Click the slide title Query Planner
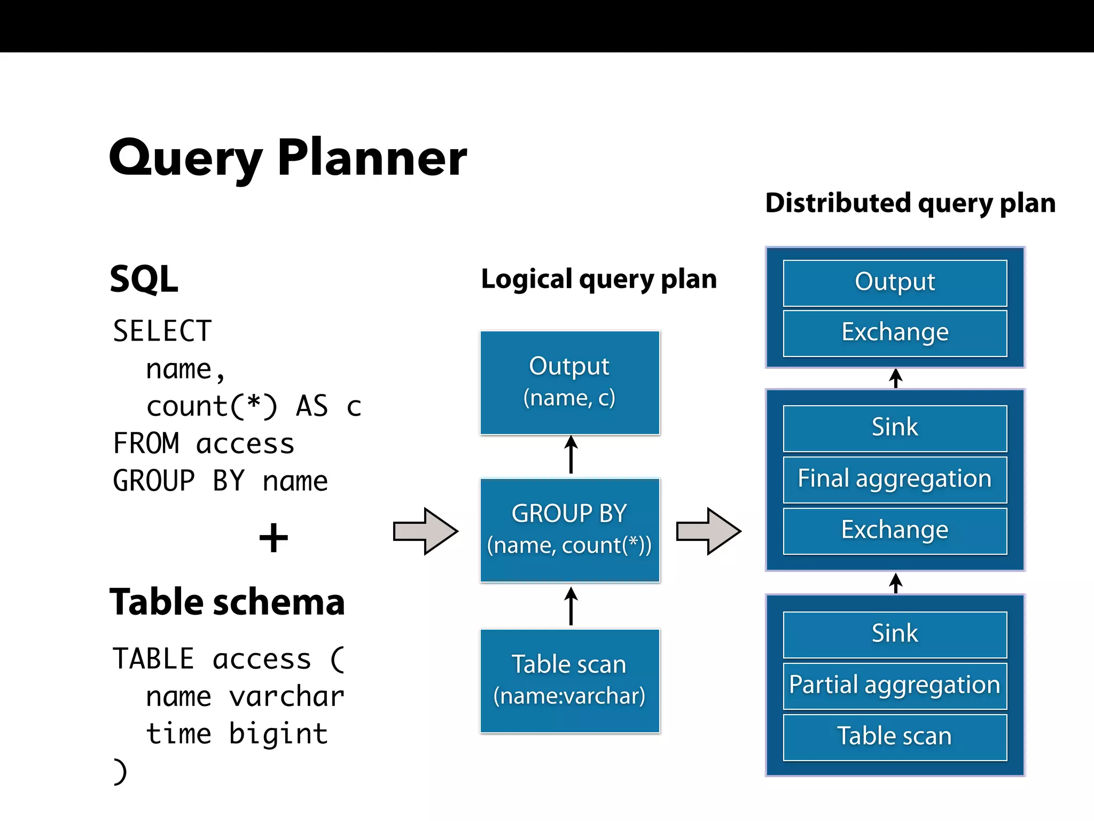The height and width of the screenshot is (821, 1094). [x=287, y=158]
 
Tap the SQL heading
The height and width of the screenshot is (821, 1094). [x=144, y=279]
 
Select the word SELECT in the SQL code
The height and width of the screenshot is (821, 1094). [x=162, y=331]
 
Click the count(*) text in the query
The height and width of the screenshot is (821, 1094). [x=212, y=406]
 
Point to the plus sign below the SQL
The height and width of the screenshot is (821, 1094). [x=273, y=538]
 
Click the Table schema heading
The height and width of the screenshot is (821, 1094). [x=227, y=602]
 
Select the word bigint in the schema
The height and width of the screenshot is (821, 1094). [x=278, y=734]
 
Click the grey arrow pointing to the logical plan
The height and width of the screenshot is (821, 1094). [x=425, y=531]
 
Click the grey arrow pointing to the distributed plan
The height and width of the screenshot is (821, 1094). [x=708, y=531]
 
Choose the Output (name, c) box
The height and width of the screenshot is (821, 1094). [x=570, y=383]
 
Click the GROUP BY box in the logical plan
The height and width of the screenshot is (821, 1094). [x=570, y=530]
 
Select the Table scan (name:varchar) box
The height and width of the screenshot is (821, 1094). [x=570, y=680]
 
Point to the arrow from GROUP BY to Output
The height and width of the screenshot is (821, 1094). [x=571, y=455]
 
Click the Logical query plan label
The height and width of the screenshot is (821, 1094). [x=599, y=279]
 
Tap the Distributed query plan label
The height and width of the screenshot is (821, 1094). [x=910, y=203]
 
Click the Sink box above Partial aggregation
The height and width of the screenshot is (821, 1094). [x=895, y=634]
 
